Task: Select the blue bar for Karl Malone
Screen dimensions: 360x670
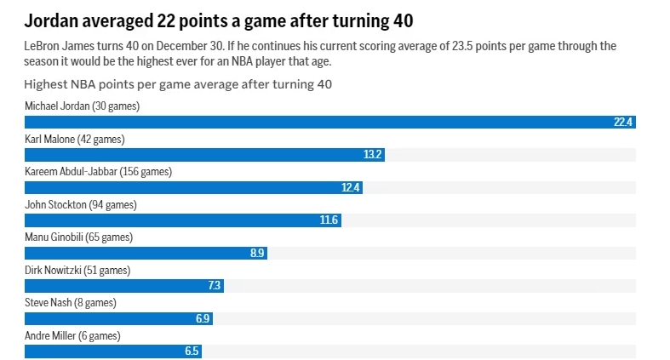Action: point(196,155)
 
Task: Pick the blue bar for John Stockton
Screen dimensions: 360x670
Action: point(170,220)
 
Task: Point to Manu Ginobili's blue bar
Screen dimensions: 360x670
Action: point(136,253)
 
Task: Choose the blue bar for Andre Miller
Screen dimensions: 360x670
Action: point(102,351)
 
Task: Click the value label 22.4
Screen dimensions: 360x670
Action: point(624,122)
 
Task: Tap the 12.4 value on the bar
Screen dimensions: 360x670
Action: point(351,187)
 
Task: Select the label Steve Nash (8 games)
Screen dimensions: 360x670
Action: point(70,302)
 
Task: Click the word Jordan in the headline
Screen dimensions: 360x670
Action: point(53,19)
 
